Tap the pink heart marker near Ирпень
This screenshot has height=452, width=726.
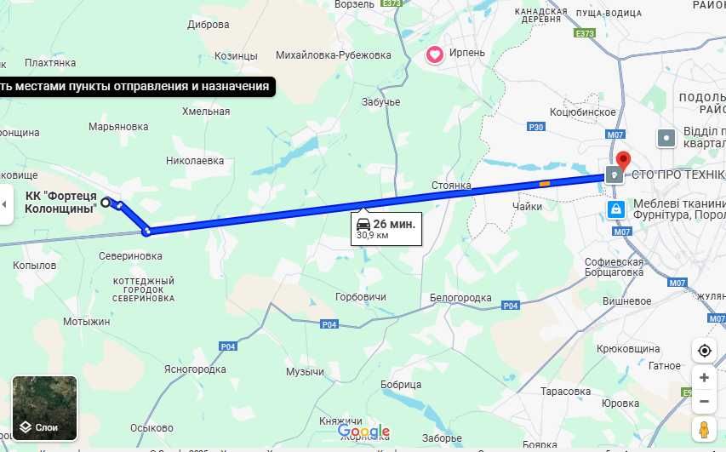click(435, 55)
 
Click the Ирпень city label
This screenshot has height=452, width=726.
click(466, 53)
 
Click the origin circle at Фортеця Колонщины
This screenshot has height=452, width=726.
click(106, 203)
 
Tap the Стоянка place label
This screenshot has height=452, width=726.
click(451, 185)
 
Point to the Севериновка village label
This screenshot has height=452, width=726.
click(130, 255)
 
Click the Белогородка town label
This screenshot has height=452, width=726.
click(460, 298)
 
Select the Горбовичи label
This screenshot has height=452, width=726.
click(361, 297)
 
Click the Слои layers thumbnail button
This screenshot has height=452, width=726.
click(45, 408)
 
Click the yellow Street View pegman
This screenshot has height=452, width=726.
click(704, 430)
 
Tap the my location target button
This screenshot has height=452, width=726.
click(704, 351)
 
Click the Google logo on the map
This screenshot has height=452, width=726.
click(363, 432)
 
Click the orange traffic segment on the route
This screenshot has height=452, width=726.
click(544, 182)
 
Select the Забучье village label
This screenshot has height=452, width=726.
click(380, 102)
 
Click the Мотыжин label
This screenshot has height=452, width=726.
click(87, 322)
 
